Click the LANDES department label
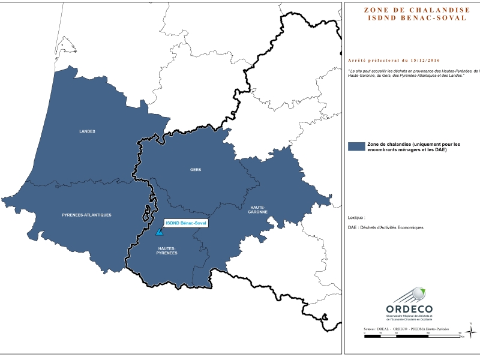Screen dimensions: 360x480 pos(87,131)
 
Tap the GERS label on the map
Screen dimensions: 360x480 pos(196,170)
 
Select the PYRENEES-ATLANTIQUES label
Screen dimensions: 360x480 pos(86,214)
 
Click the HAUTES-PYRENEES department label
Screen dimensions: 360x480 pos(167,250)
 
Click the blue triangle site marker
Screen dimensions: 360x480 pos(159,232)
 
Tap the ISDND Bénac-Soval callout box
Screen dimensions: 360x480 pos(185,223)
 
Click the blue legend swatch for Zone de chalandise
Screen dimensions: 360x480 pos(356,146)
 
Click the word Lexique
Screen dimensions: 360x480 pos(356,218)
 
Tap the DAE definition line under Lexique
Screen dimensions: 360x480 pos(385,227)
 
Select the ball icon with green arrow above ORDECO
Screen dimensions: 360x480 pos(415,295)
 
